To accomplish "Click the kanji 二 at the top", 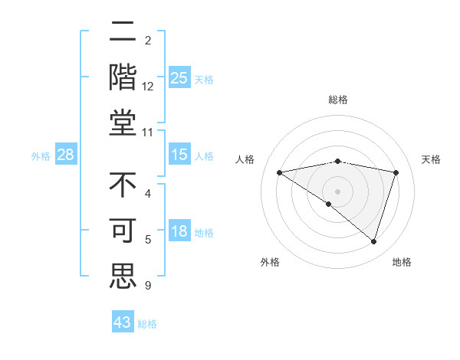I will [x=123, y=33].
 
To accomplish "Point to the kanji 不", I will [x=123, y=186].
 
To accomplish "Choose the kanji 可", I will [x=123, y=232].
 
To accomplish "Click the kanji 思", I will [x=123, y=276].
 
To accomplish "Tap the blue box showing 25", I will [x=179, y=78].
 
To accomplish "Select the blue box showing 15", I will [x=179, y=155].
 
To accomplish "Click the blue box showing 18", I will [x=179, y=232].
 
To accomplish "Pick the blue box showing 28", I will [x=66, y=155].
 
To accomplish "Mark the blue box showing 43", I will [x=122, y=322].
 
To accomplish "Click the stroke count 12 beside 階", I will [x=148, y=87].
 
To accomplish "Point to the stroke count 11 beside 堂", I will [x=148, y=133].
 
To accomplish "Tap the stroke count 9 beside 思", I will [x=148, y=286].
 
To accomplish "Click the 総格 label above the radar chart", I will [x=337, y=100].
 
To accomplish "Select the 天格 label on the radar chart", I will [x=431, y=159].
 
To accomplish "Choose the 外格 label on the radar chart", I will [x=270, y=262].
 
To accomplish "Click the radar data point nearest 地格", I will [x=373, y=242].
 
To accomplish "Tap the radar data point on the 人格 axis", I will [x=279, y=172].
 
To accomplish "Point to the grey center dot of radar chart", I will [x=337, y=191].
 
